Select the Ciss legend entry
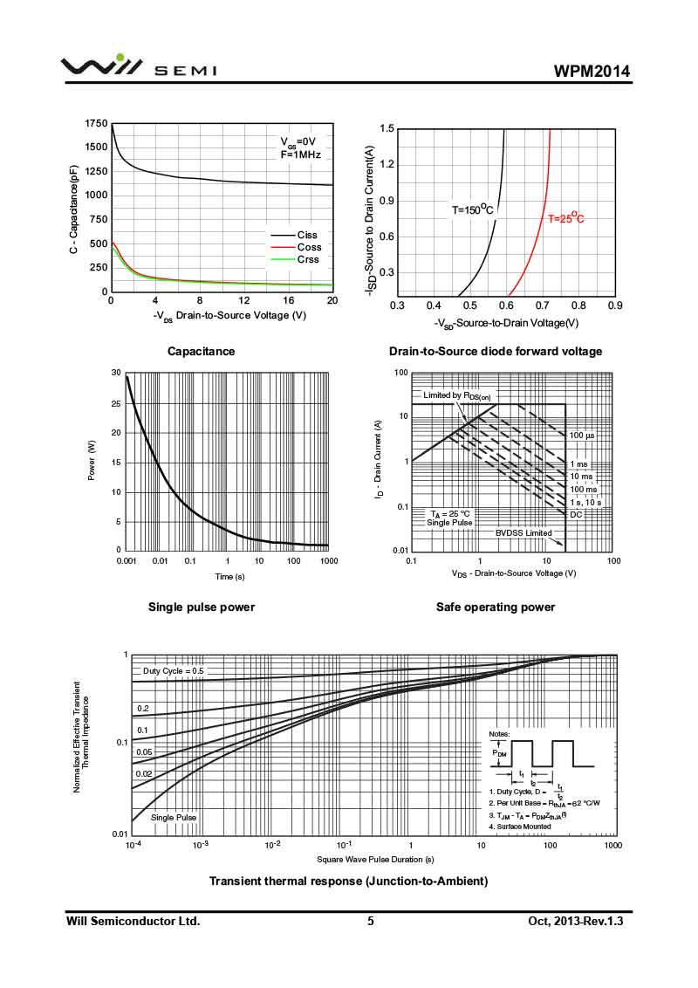pos(307,235)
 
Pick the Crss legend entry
pos(307,259)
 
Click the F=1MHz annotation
pos(300,154)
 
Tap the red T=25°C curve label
pos(565,219)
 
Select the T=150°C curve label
pos(472,209)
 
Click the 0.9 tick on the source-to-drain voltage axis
pos(614,305)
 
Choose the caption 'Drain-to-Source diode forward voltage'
pos(495,351)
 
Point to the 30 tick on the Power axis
pos(116,373)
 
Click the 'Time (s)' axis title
pos(230,577)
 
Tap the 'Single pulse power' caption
pos(202,607)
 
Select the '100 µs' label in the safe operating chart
pos(582,435)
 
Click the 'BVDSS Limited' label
pos(523,532)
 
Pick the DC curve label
pos(576,514)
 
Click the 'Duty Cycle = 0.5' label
pos(173,671)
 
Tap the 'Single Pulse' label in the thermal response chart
pos(174,817)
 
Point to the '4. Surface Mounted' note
pos(519,826)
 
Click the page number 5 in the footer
pos(371,921)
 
